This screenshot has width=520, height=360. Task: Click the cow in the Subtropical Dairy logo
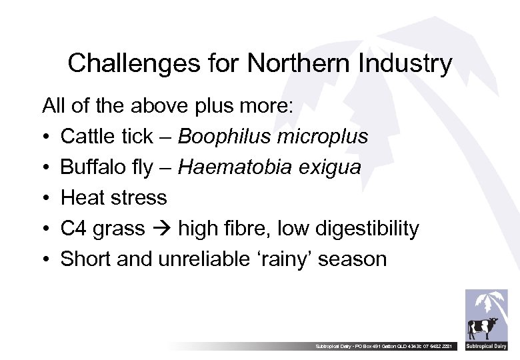click(482, 328)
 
